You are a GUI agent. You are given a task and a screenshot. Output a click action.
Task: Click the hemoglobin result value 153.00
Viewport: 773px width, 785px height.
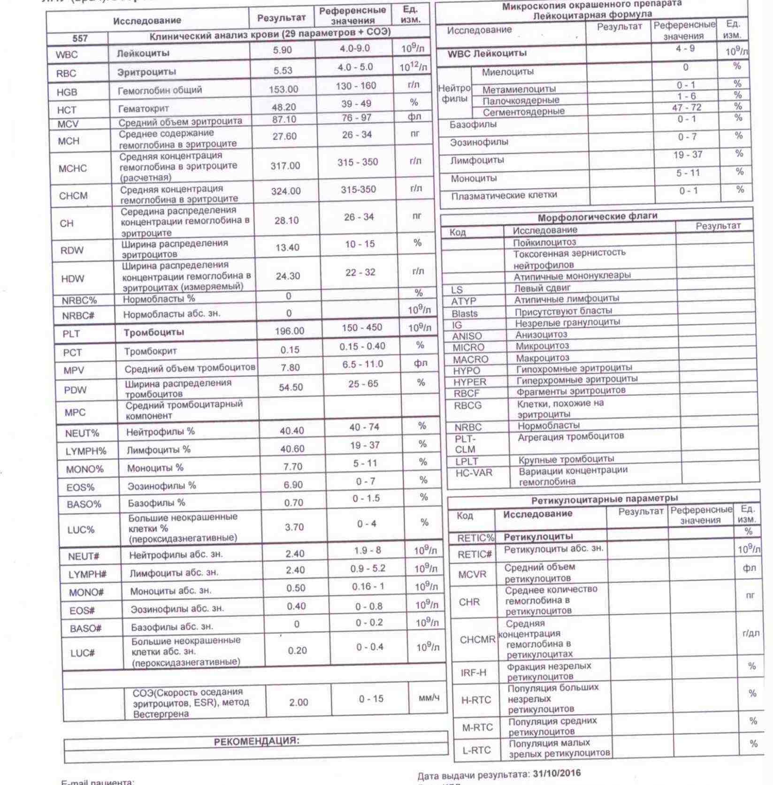click(283, 89)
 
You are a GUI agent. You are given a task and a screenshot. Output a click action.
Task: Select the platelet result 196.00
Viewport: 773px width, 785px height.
click(289, 331)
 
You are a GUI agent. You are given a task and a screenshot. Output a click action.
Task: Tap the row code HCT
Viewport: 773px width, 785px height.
click(67, 110)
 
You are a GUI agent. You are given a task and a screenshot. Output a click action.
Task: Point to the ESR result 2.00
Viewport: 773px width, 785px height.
click(298, 702)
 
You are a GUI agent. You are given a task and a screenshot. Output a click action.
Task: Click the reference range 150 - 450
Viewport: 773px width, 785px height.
click(362, 328)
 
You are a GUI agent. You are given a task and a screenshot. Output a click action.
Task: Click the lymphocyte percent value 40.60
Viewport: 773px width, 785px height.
click(292, 449)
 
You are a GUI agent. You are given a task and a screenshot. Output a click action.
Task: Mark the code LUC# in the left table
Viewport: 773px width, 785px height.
click(83, 653)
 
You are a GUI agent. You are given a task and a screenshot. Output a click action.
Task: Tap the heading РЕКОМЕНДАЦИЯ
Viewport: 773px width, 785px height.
click(256, 741)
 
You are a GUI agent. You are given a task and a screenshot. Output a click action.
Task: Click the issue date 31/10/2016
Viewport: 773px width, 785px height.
click(557, 773)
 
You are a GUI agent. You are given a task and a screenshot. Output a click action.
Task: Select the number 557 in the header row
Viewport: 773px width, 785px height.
click(80, 38)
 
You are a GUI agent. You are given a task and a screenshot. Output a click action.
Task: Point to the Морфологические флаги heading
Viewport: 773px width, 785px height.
click(597, 217)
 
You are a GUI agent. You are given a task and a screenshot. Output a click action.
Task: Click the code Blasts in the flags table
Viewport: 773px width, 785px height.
click(465, 313)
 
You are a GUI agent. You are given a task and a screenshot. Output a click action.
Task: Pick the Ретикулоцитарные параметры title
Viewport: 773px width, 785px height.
click(605, 499)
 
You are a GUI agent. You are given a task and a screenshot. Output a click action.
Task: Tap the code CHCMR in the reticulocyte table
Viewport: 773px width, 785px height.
click(477, 640)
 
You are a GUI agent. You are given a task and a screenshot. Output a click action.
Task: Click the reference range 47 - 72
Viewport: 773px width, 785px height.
click(687, 107)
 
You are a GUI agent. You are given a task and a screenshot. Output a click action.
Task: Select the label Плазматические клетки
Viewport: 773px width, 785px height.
click(504, 195)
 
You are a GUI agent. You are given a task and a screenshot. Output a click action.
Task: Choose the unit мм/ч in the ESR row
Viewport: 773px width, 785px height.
click(429, 698)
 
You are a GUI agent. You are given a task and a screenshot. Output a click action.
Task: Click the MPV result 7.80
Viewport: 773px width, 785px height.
click(290, 368)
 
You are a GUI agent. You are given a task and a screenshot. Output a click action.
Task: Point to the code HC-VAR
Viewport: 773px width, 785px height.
click(474, 473)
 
